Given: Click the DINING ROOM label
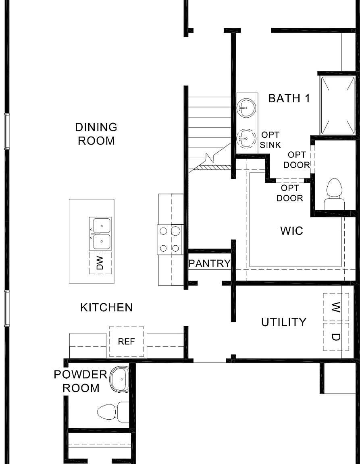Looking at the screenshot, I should pyautogui.click(x=96, y=134).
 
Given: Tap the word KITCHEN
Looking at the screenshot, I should pyautogui.click(x=106, y=308).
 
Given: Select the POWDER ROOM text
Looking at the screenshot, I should pyautogui.click(x=80, y=381).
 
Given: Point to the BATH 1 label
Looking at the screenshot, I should pyautogui.click(x=289, y=98).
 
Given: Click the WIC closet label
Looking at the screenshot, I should pyautogui.click(x=291, y=231).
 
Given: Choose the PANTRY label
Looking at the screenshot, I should pyautogui.click(x=209, y=264).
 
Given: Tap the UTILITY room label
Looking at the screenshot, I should pyautogui.click(x=283, y=322).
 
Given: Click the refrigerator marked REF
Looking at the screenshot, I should pyautogui.click(x=126, y=342).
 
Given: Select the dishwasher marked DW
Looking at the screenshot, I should pyautogui.click(x=100, y=263).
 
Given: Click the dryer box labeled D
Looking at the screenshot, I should pyautogui.click(x=335, y=337).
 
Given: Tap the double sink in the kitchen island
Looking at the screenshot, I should pyautogui.click(x=100, y=234).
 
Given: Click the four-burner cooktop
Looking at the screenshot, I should pyautogui.click(x=170, y=240).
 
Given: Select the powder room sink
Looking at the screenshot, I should pyautogui.click(x=120, y=379).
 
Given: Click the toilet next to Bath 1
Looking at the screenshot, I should pyautogui.click(x=334, y=193).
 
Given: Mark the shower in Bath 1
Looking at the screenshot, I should pyautogui.click(x=337, y=106).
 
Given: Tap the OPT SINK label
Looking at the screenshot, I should pyautogui.click(x=270, y=140).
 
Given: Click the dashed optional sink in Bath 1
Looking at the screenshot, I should pyautogui.click(x=246, y=139).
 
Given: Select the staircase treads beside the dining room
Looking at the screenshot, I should pyautogui.click(x=210, y=129).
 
